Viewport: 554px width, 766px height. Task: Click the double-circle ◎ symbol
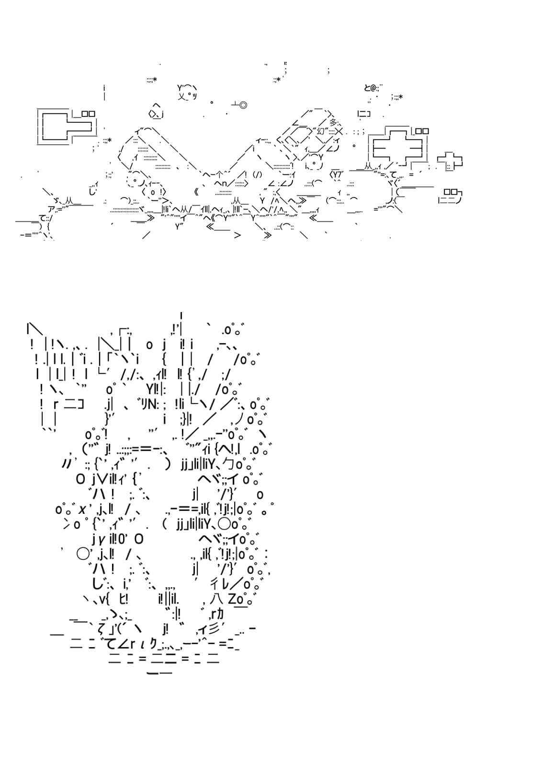[x=243, y=105]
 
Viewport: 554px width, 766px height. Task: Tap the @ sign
[x=373, y=87]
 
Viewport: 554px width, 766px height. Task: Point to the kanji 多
[x=334, y=123]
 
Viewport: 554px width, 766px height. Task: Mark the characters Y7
[x=337, y=174]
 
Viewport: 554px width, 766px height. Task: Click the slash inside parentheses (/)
[x=257, y=174]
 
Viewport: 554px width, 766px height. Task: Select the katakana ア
[x=52, y=209]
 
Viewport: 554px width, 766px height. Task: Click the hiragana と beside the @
[x=367, y=87]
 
